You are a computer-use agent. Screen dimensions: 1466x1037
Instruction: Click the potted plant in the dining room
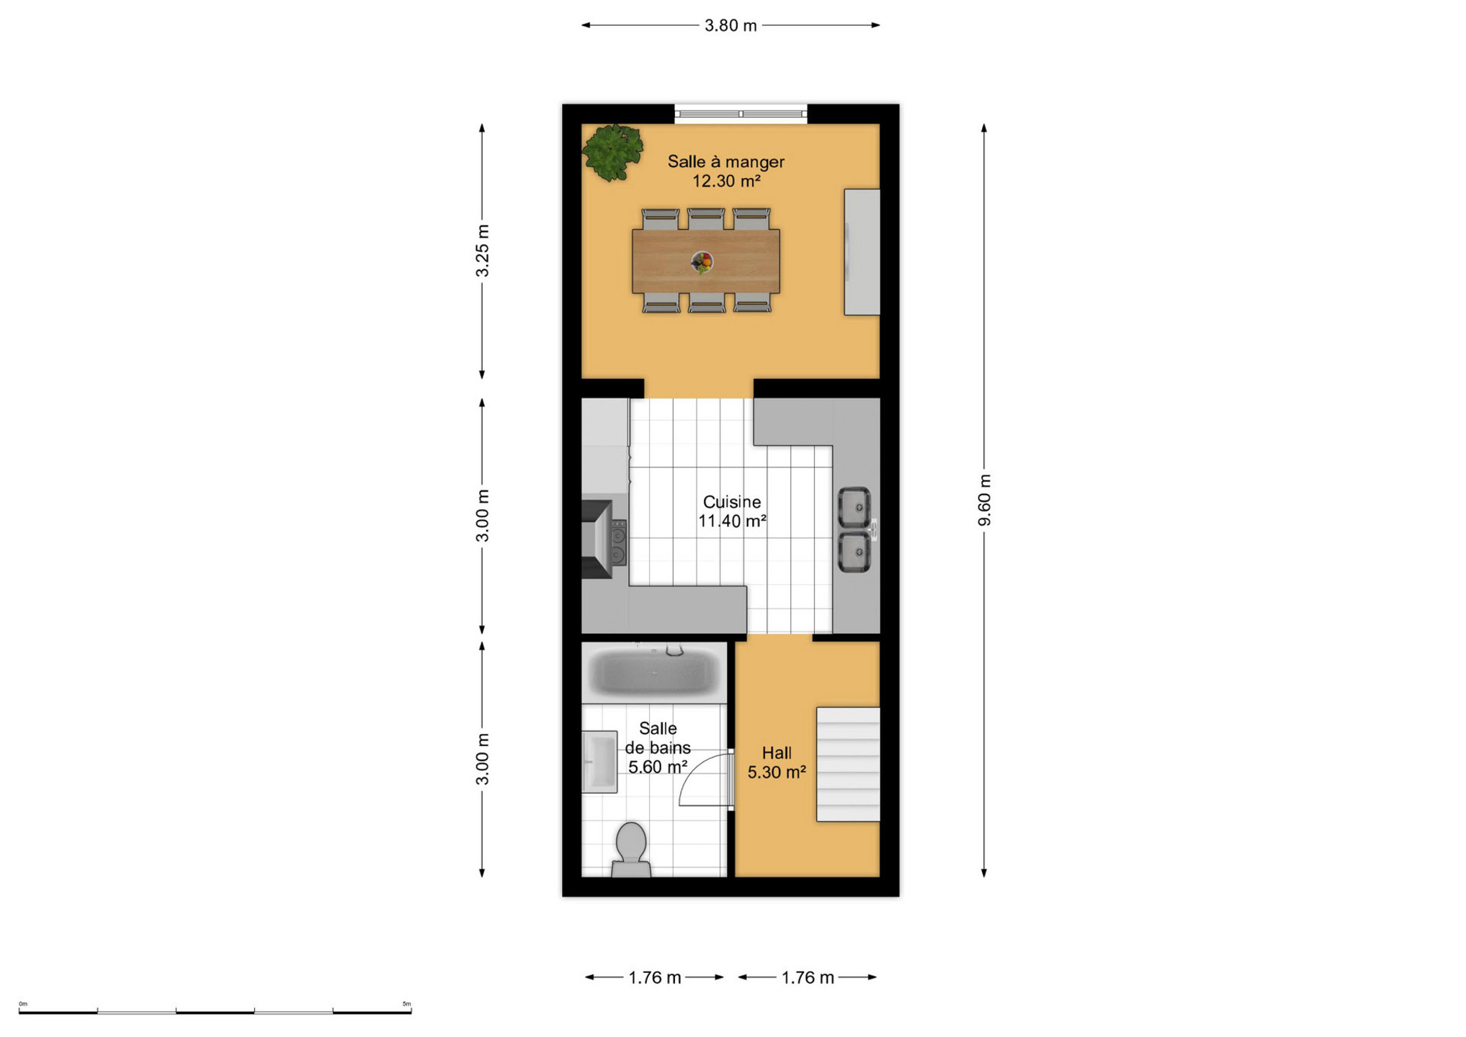[612, 152]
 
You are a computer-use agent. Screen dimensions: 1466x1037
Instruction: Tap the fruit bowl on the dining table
[702, 262]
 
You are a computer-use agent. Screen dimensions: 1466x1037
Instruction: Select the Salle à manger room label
[725, 162]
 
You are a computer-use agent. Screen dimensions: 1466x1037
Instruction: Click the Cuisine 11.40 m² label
[732, 511]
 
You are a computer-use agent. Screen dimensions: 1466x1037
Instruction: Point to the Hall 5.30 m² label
[777, 763]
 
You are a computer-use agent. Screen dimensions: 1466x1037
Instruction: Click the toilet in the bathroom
[631, 850]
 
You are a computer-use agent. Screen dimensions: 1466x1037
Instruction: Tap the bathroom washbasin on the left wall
[599, 762]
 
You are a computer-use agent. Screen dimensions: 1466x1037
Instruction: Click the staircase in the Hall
[848, 764]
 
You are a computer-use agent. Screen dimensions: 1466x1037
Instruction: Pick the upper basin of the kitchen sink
[854, 508]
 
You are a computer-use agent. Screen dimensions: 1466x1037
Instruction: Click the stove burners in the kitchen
[618, 542]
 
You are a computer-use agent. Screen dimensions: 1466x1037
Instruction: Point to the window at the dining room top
[741, 114]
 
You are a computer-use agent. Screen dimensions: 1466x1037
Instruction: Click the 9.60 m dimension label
[984, 500]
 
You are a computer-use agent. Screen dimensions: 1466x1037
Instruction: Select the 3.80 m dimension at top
[730, 26]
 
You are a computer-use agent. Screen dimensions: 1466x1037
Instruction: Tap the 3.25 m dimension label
[482, 251]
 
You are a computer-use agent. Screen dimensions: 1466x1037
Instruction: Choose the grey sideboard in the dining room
[862, 252]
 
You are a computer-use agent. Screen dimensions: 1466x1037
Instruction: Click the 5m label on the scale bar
[407, 1004]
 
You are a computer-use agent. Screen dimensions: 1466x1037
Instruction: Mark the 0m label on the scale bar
[23, 1004]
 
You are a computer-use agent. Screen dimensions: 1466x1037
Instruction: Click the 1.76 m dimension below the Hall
[808, 977]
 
